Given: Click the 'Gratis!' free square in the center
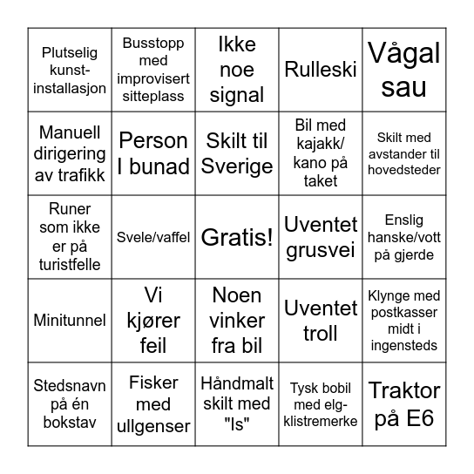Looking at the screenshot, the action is coord(237,237).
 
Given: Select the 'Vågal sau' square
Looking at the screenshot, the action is coord(404,70).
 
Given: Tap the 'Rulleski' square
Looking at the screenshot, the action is coord(321,70).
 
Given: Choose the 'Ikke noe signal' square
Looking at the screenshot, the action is coord(237,70).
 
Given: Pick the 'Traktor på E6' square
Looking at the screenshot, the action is coord(404,404).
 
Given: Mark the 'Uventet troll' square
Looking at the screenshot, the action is coord(321,321).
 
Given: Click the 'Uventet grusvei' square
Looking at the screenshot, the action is coord(321,237).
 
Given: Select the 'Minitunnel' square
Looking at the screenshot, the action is coord(70,321).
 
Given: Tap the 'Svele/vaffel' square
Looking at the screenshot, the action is coord(153,237).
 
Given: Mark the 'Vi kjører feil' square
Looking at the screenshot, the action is coord(153,321).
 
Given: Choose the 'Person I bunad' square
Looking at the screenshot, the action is coord(153,153).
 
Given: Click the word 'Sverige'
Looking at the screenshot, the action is coord(237,166).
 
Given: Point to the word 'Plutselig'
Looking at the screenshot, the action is coord(70,51).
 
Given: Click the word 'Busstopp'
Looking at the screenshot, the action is coord(153,43).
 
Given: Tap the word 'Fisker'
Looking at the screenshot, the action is coord(153,383).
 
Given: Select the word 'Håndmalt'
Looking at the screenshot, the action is coord(237,383).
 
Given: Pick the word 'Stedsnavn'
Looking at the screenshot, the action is coord(70,385).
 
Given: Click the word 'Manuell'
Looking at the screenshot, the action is coord(70,133).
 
